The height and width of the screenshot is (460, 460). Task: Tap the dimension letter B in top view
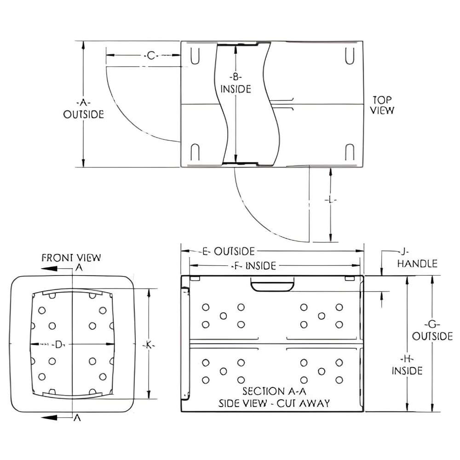[x=235, y=76]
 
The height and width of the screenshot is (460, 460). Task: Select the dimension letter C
[x=151, y=56]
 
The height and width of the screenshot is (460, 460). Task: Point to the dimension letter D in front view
[x=58, y=345]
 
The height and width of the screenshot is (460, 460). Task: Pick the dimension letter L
[x=331, y=201]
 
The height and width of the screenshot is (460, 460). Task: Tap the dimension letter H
[x=407, y=358]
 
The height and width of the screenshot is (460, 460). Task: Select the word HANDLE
[x=417, y=264]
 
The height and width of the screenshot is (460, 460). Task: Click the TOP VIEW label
[x=383, y=105]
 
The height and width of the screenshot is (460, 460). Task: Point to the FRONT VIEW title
[x=71, y=257]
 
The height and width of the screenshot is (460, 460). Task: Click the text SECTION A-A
[x=274, y=391]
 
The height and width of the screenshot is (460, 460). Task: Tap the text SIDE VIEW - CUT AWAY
[x=274, y=403]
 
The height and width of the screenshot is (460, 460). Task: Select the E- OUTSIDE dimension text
[x=228, y=251]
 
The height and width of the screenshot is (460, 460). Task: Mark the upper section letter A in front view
[x=78, y=268]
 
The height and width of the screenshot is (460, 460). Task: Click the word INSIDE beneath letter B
[x=236, y=89]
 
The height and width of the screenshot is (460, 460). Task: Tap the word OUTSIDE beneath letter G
[x=432, y=336]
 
